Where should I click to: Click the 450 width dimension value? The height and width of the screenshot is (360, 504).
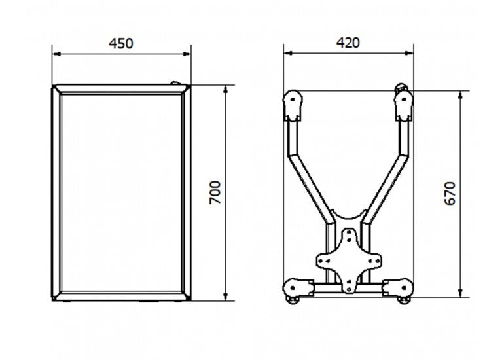coord(121,44)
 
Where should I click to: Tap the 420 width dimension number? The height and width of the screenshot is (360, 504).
coord(348,43)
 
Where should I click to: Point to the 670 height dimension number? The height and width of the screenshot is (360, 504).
coord(450,192)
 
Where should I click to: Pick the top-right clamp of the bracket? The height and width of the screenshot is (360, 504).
coord(405,105)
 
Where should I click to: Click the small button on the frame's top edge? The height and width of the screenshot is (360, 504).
coord(175,83)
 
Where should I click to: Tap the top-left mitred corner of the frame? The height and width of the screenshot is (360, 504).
coord(56,89)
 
